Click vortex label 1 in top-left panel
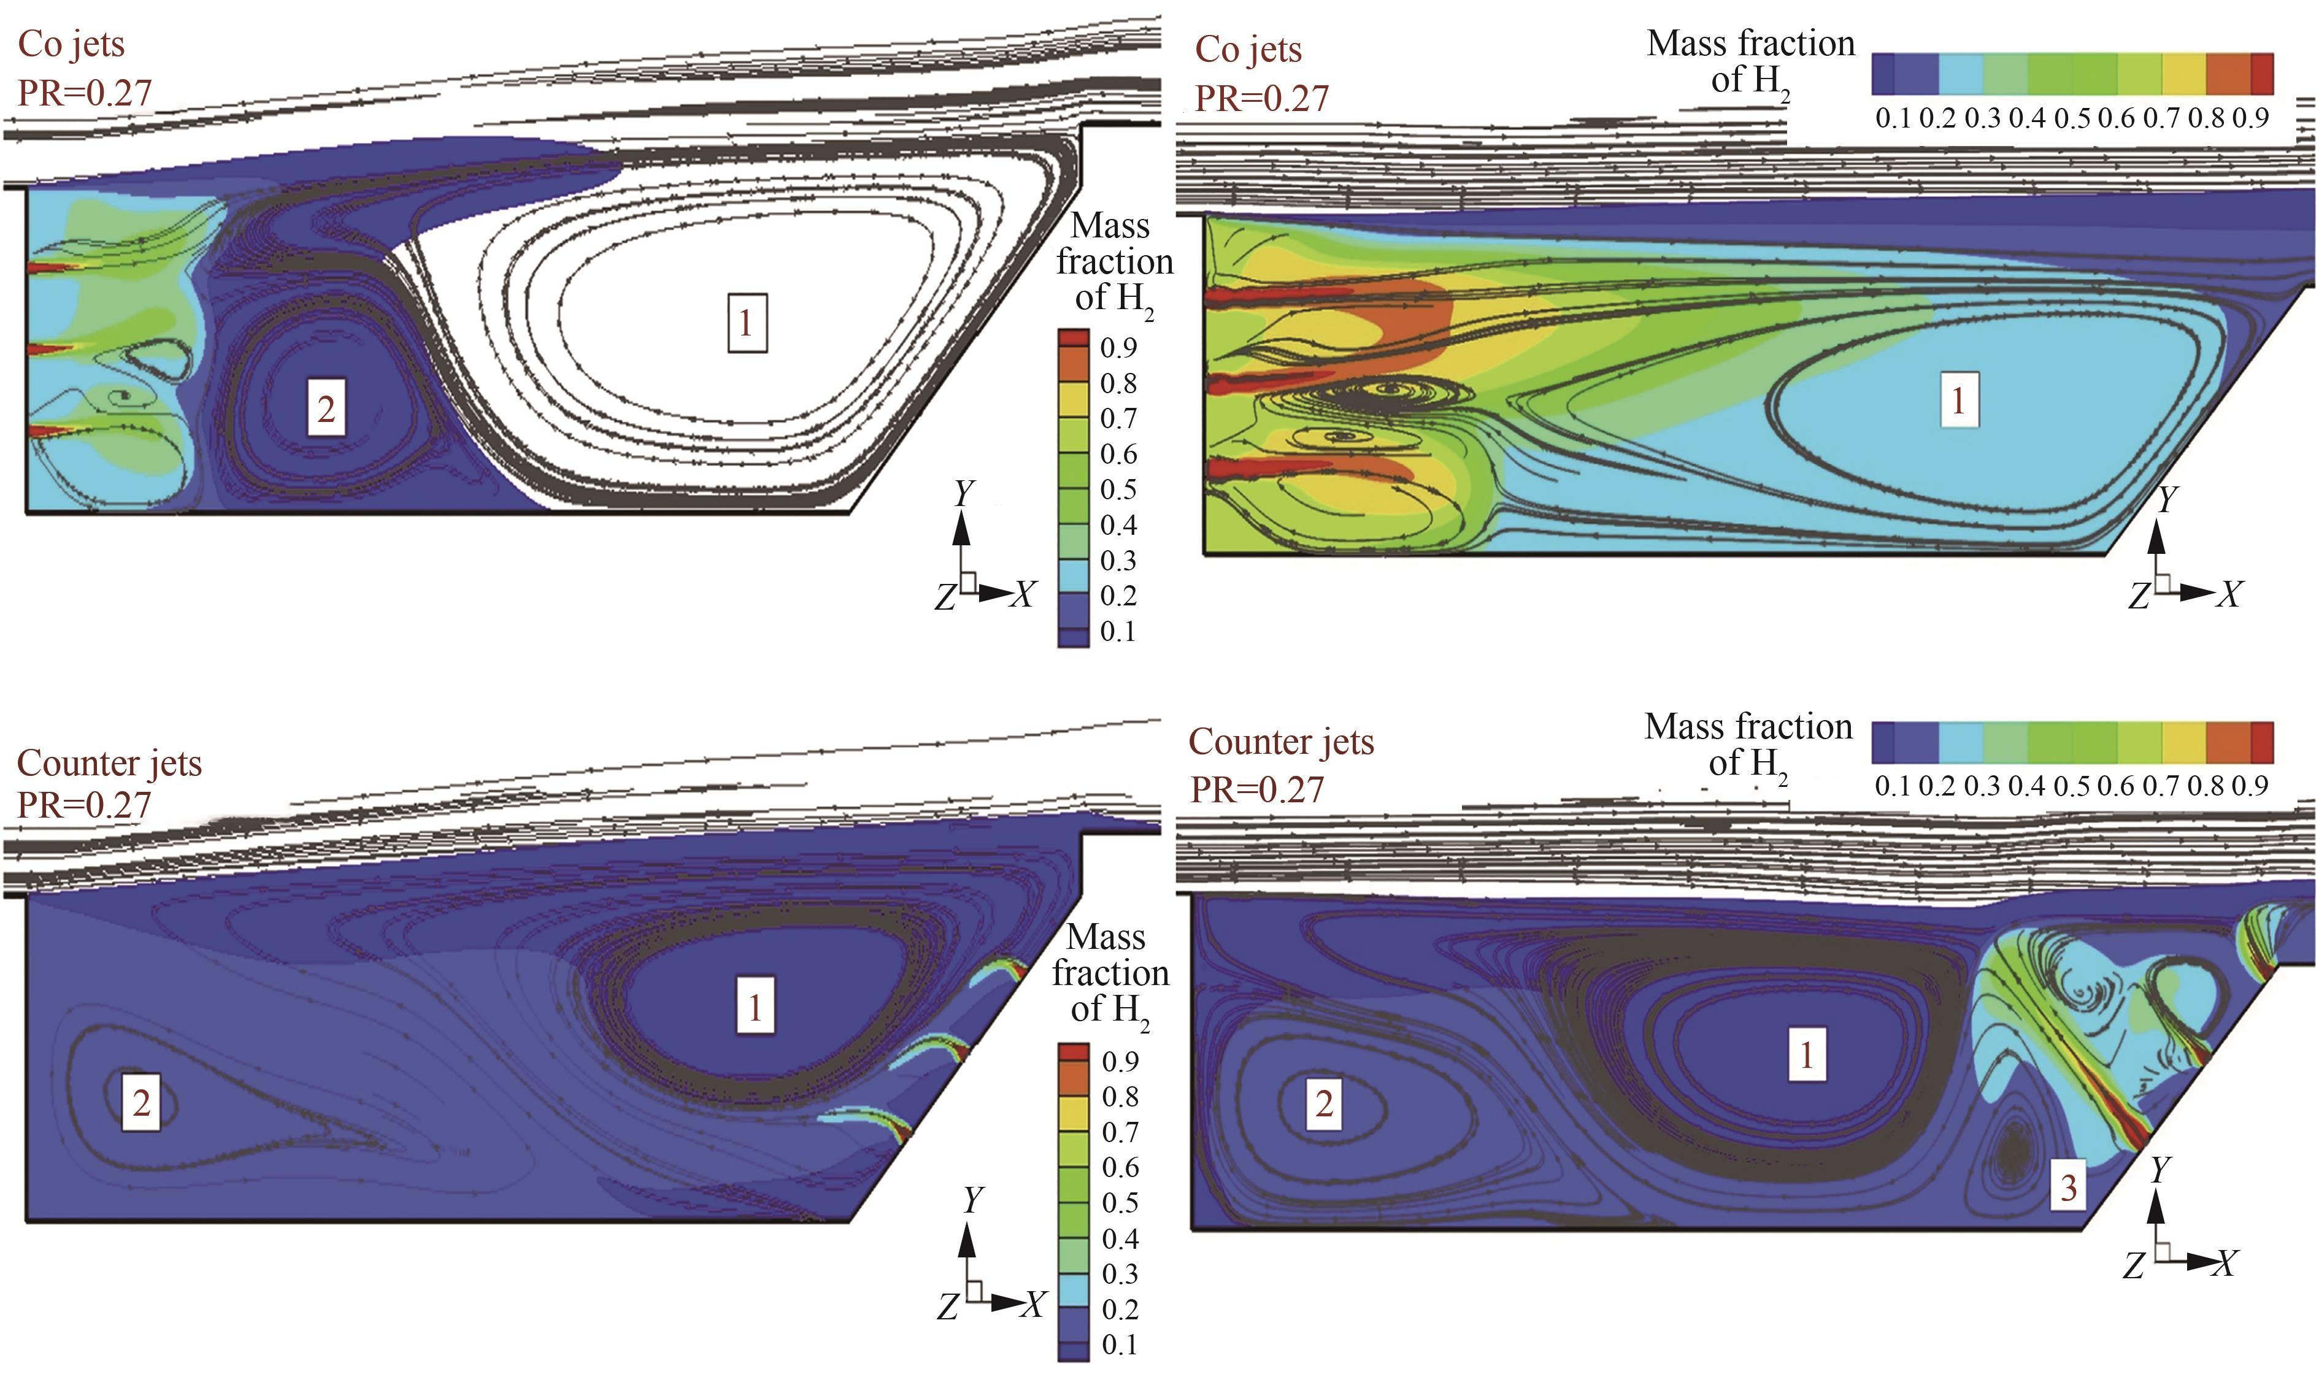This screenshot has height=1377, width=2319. point(747,323)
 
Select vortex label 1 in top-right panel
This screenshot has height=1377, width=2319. point(1958,400)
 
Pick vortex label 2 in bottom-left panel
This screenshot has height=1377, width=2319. point(141,1102)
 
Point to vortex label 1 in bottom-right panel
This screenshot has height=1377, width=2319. point(1807,1054)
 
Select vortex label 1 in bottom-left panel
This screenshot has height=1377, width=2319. point(755,1006)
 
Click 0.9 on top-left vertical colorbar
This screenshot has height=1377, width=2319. point(1118,347)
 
